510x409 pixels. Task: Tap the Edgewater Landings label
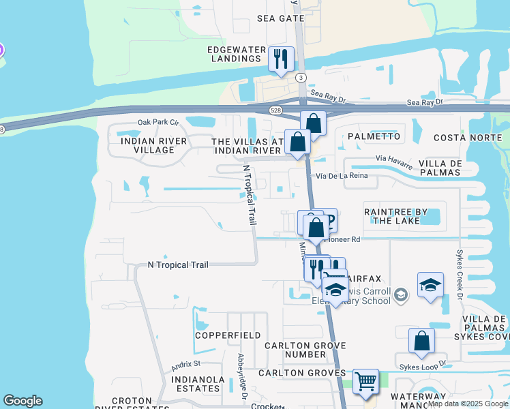click(235, 55)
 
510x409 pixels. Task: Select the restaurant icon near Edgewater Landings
click(281, 59)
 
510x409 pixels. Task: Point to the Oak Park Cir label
click(157, 122)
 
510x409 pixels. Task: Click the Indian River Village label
click(147, 145)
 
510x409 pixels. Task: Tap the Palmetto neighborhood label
click(374, 136)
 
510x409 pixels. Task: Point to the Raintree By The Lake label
click(395, 215)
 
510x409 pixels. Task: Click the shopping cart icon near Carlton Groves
click(366, 382)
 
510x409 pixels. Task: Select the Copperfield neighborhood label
click(228, 335)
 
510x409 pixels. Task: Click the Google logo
click(22, 401)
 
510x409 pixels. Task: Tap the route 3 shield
click(301, 78)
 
